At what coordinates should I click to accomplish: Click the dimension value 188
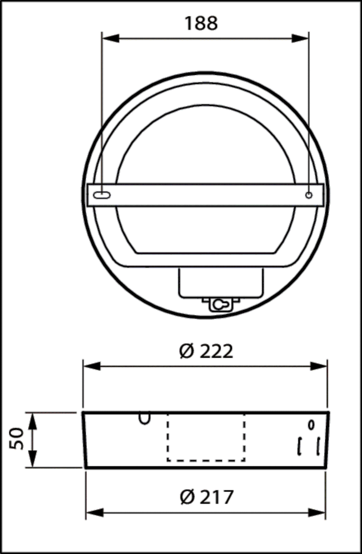coord(201,23)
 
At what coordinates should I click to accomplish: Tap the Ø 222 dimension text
coord(206,352)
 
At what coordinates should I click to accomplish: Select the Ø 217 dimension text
coord(206,498)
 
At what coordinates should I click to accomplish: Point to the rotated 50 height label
coord(17,439)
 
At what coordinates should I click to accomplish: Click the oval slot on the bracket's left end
coord(101,195)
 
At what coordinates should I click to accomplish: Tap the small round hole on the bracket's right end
coord(309,195)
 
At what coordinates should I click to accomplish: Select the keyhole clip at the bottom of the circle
coord(221,305)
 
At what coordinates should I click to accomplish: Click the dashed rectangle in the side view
coord(206,437)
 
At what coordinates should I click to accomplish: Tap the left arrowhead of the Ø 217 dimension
coord(94,512)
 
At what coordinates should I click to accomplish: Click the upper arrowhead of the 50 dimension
coord(32,420)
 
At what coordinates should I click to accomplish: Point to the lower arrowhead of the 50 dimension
coord(32,460)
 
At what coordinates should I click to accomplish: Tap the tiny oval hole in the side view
coord(312,424)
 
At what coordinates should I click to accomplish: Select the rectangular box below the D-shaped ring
coord(221,283)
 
